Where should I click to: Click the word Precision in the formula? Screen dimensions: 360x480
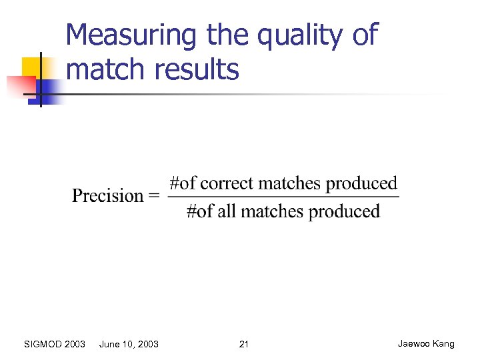point(107,196)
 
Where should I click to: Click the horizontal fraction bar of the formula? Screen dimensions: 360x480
point(283,197)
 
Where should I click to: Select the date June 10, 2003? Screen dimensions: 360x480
point(129,344)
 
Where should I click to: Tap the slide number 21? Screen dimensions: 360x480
point(243,344)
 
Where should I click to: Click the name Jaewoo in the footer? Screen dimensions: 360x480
point(414,344)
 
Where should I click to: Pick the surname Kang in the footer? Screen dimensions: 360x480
point(443,344)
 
